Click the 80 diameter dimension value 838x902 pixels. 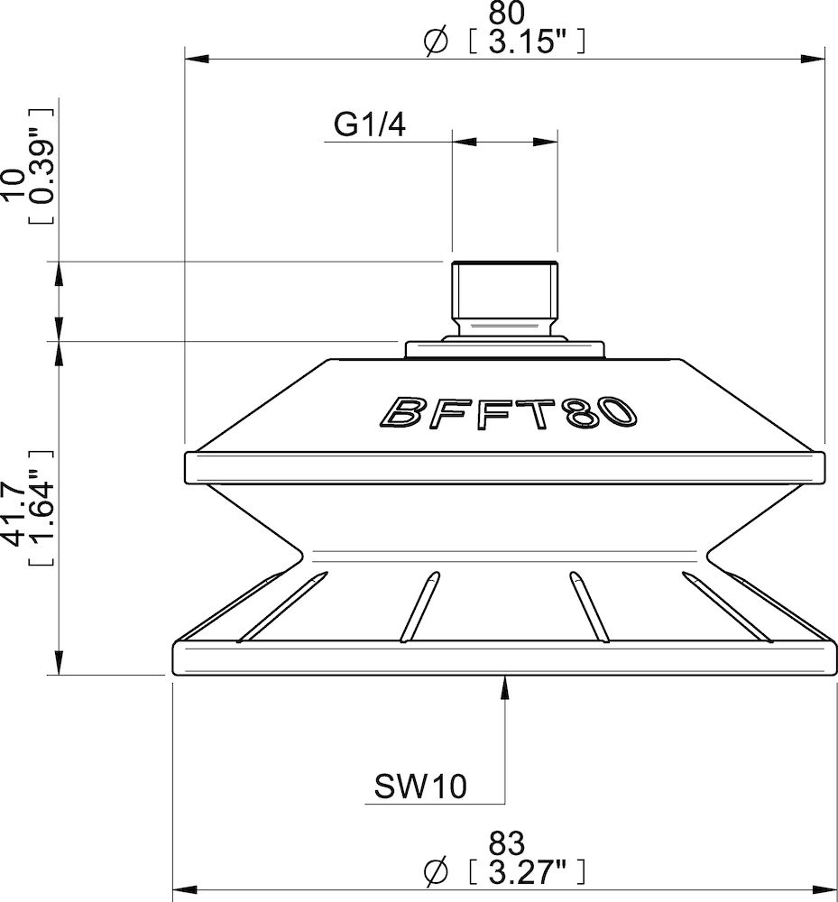(x=507, y=14)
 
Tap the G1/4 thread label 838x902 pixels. (x=369, y=124)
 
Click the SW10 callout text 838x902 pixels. (x=420, y=787)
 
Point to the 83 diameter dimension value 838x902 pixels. (x=506, y=843)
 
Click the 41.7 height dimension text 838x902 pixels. (x=14, y=517)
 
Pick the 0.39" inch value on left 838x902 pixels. (x=41, y=166)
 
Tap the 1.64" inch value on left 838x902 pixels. (x=41, y=517)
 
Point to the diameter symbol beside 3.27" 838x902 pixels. (x=436, y=872)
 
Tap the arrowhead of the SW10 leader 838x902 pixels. (x=503, y=686)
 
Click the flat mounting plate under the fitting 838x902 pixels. (x=503, y=349)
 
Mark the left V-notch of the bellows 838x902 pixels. (x=297, y=549)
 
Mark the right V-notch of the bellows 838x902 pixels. (x=713, y=549)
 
